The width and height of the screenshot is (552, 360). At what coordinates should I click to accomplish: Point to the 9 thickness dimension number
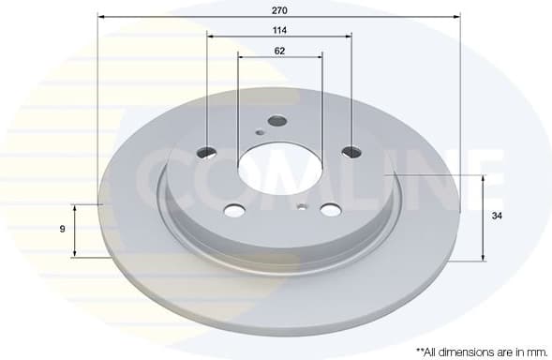(x=61, y=229)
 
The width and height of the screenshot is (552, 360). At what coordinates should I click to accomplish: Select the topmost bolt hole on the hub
(x=276, y=121)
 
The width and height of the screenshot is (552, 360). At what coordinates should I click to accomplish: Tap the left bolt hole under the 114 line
(x=208, y=152)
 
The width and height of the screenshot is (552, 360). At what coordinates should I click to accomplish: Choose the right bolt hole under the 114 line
(x=351, y=152)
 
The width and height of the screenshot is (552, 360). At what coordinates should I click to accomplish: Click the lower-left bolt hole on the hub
(x=235, y=209)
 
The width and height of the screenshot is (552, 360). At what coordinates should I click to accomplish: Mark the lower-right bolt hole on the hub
(x=330, y=209)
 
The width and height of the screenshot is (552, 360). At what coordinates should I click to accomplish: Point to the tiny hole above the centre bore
(x=260, y=132)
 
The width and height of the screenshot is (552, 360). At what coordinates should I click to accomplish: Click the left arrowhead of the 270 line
(x=100, y=16)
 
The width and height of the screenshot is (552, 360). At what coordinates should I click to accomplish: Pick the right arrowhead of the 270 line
(x=458, y=16)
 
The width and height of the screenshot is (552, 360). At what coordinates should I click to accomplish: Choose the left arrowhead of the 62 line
(x=241, y=57)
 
